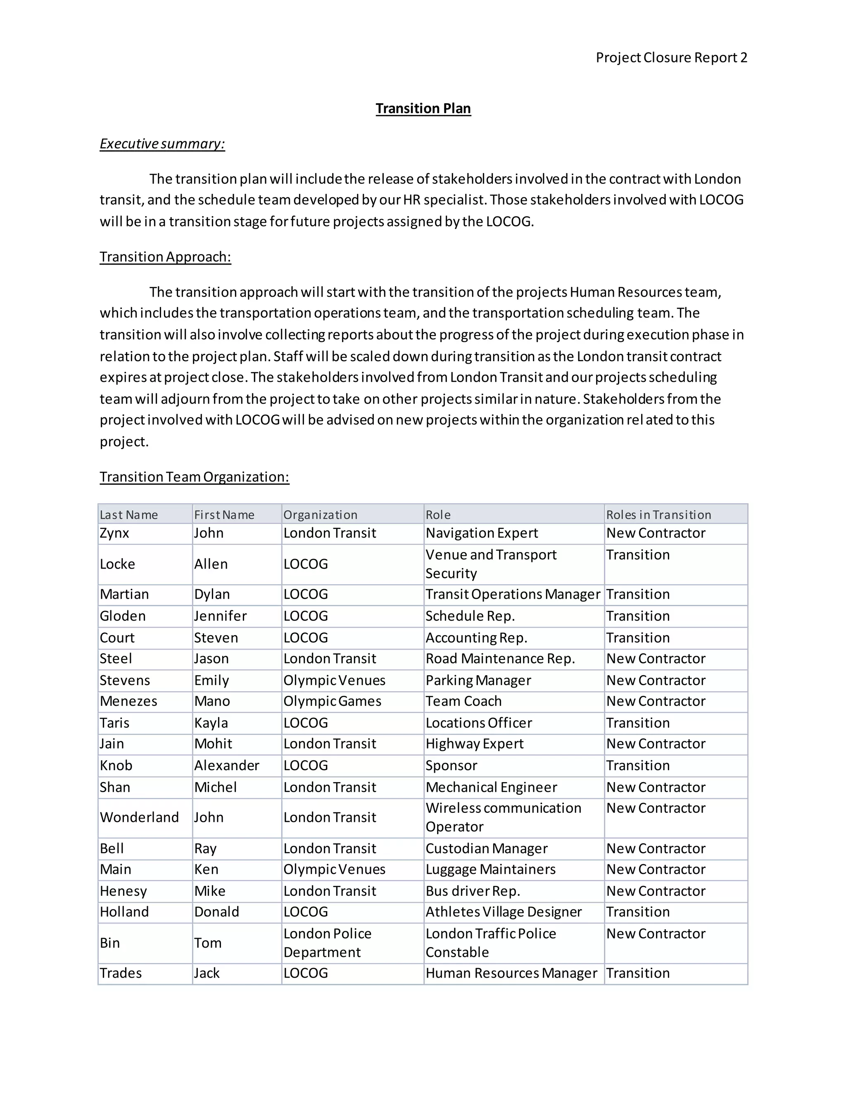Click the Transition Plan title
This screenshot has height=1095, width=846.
[x=423, y=108]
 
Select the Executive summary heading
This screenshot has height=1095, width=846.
[x=162, y=144]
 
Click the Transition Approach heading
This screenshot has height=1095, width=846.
[x=165, y=257]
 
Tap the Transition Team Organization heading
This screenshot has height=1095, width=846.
[x=194, y=477]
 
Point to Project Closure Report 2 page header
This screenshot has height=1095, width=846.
[x=671, y=58]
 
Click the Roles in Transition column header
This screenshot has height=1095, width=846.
[x=658, y=515]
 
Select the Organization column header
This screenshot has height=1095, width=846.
[x=320, y=515]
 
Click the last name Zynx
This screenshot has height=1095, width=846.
[x=114, y=533]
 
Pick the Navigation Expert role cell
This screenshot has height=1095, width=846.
[x=481, y=533]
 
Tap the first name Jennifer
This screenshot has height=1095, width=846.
[x=220, y=616]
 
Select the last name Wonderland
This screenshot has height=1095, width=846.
[x=139, y=817]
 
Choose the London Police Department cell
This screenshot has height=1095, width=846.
[x=327, y=943]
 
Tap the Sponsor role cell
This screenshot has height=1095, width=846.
[x=451, y=766]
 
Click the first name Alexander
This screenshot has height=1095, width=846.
[x=226, y=766]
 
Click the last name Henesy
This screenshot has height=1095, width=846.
[x=123, y=891]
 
